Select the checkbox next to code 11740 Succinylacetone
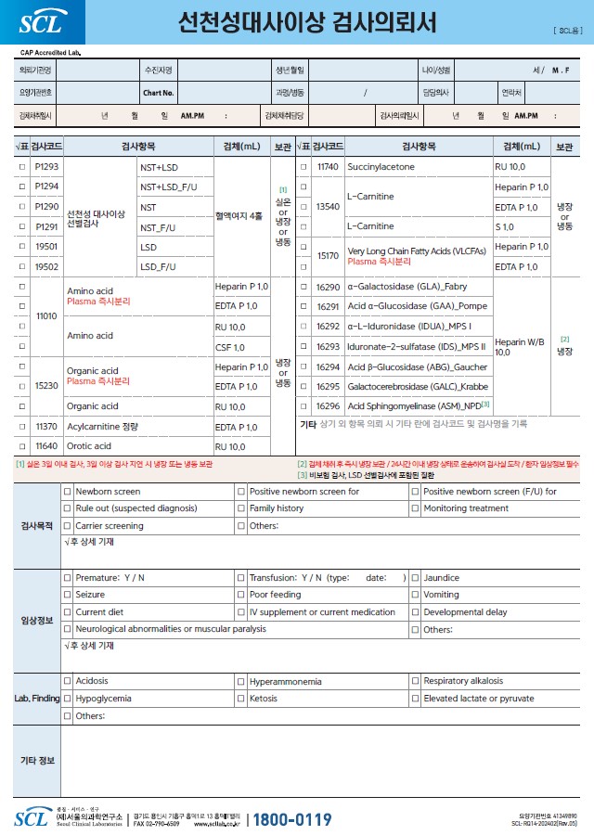[303, 167]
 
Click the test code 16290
[328, 287]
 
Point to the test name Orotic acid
[89, 446]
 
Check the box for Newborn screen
[67, 492]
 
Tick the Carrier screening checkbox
[67, 526]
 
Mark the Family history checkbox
[241, 509]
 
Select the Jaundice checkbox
[415, 578]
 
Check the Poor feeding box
[241, 596]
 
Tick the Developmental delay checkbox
[415, 612]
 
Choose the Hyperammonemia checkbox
[241, 682]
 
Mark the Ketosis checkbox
[241, 699]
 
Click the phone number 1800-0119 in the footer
[292, 819]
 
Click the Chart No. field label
[158, 93]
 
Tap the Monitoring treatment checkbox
[415, 509]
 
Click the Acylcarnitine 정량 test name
[101, 427]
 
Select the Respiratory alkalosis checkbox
[415, 682]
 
